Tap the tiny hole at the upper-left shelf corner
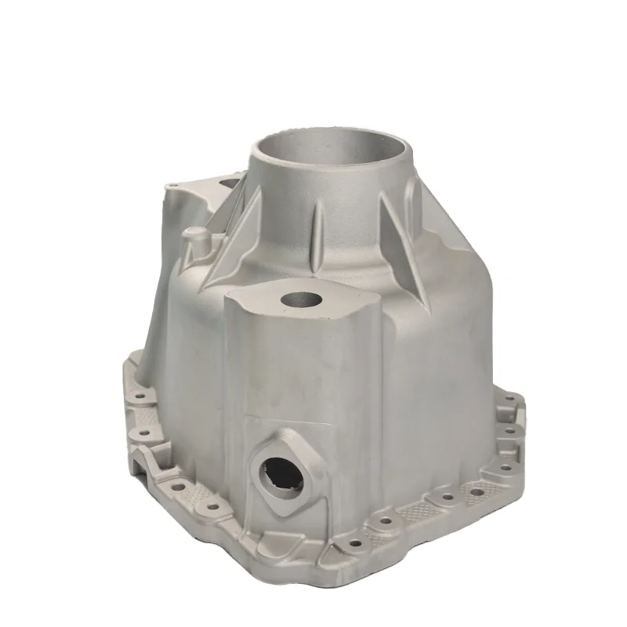(174, 186)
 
